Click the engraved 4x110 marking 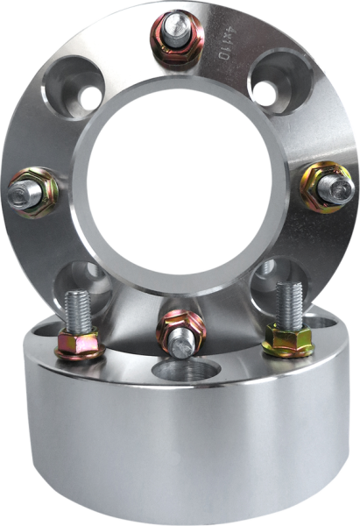coord(222,43)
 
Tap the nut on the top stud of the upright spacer coord(177,47)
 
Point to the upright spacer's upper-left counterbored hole coord(73,88)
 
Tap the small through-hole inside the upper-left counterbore coord(90,98)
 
